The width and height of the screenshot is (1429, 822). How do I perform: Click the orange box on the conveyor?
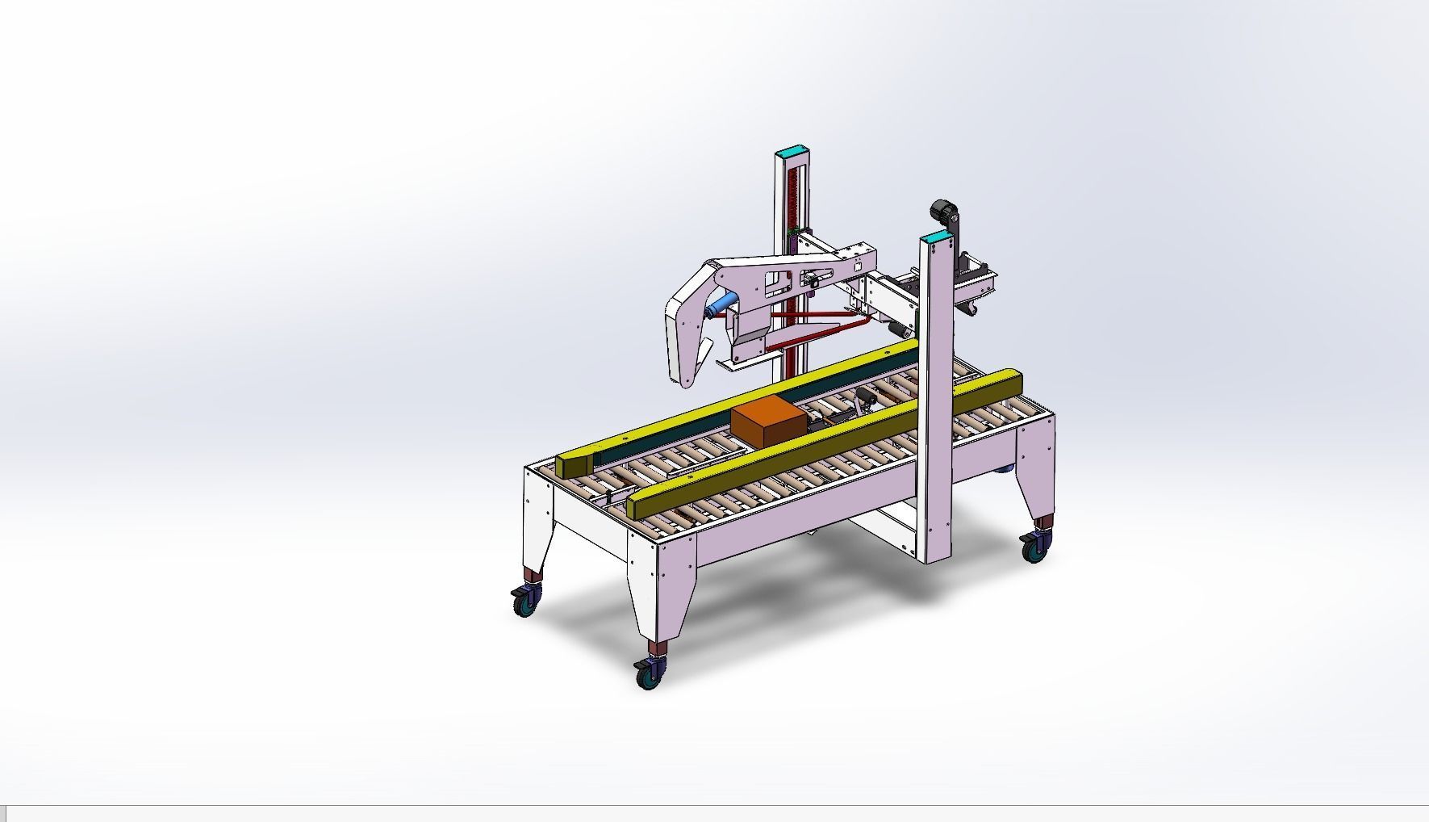[767, 421]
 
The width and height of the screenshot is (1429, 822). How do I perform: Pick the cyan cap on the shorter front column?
[936, 237]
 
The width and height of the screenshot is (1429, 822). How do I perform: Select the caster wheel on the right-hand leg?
[1033, 549]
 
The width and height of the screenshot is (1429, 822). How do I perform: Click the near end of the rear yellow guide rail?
[575, 464]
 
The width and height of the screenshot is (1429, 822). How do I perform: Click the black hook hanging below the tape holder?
[973, 309]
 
